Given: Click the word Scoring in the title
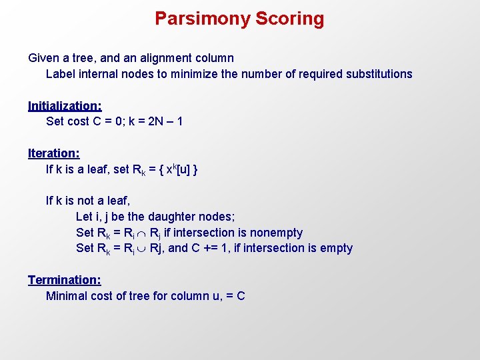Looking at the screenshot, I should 289,19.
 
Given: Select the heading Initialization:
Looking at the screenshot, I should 65,105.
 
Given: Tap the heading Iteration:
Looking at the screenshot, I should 54,153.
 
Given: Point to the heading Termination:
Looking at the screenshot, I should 64,280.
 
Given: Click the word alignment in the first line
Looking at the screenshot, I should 165,58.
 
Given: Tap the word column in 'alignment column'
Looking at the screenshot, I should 214,58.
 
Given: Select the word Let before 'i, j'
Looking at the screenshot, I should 84,217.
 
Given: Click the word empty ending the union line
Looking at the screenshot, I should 335,249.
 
